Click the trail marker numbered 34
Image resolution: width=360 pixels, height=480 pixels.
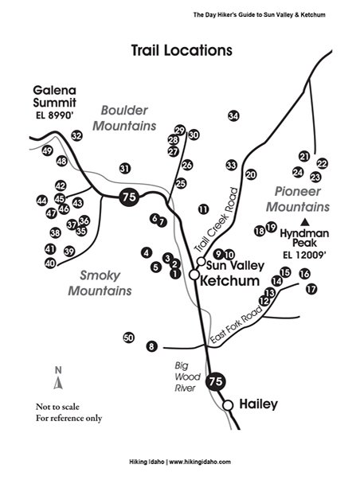pos(233,116)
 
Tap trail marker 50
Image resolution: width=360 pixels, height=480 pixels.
pos(129,338)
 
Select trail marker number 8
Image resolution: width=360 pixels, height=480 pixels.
pos(151,346)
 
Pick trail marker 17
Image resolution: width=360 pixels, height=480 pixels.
pos(311,289)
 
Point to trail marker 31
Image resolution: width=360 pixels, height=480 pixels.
pos(125,169)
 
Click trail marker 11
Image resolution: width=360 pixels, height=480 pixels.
pos(203,209)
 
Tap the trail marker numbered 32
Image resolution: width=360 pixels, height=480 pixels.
pos(77,135)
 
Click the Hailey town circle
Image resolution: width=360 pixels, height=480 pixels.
pos(228,405)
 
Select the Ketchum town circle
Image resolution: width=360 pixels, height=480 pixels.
pos(194,275)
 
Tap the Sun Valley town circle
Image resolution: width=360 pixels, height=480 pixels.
pos(201,261)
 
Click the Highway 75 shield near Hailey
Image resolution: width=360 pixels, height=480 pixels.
pos(216,381)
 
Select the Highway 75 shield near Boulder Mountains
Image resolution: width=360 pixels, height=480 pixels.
pos(129,197)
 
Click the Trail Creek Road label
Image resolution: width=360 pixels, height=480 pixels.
pos(217,220)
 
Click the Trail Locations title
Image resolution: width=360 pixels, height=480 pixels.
pos(182,50)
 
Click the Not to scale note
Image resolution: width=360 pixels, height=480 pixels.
pos(57,407)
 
